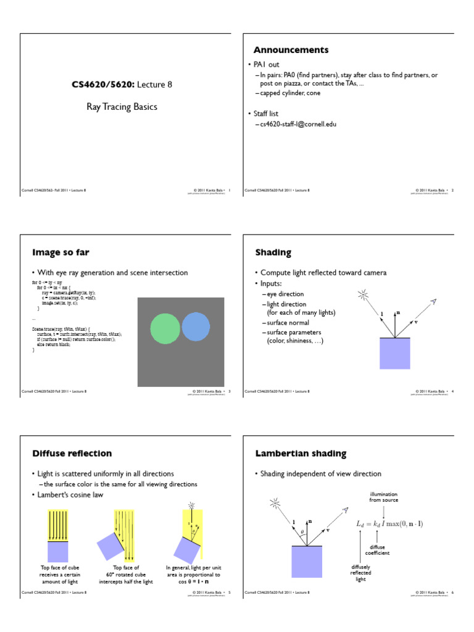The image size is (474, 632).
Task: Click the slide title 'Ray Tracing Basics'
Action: coord(121,107)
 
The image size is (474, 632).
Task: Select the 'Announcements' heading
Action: coord(291,50)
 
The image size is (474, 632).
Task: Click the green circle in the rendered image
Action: coord(165,328)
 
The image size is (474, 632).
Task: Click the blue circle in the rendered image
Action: coord(197,326)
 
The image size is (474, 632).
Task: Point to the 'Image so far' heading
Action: coord(65,252)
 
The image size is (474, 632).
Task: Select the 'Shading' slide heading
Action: coord(273,252)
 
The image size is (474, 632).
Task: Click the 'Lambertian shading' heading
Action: coord(301,454)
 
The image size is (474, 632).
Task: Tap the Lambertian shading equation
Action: coord(389,523)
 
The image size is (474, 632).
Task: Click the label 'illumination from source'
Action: coord(383,497)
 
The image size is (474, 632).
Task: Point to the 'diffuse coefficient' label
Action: coord(377,550)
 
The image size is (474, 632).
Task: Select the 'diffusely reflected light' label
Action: coord(360,573)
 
